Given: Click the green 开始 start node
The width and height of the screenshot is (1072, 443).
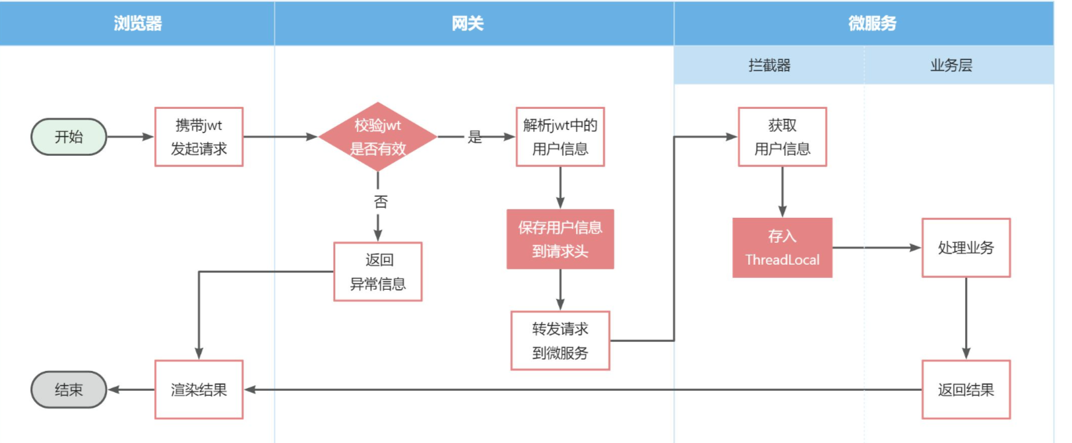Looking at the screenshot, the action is tap(69, 137).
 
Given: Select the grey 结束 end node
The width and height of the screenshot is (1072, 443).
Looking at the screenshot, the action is tap(69, 390).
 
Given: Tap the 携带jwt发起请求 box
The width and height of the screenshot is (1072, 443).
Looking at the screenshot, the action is tap(199, 137).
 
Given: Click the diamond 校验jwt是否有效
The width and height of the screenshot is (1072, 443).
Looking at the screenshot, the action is tap(377, 137).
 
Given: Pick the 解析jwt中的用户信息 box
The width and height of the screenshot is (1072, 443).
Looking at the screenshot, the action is tap(560, 137).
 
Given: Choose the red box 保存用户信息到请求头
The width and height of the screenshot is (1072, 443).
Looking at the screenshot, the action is tap(560, 239).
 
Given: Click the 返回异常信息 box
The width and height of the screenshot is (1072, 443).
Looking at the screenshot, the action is tap(378, 271).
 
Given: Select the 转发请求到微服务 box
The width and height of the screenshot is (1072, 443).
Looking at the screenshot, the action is tap(560, 341).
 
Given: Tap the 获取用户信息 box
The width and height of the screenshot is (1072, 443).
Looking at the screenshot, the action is tap(782, 137).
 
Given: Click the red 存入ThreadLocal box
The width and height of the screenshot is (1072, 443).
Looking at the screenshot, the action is tap(782, 248).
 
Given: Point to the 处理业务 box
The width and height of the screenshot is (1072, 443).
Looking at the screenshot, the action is tap(966, 248).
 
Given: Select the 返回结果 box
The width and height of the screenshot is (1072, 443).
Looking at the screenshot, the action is tap(966, 390).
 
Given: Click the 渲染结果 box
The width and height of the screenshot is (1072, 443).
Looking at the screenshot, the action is tap(199, 390).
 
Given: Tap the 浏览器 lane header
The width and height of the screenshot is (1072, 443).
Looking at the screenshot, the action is tap(138, 23).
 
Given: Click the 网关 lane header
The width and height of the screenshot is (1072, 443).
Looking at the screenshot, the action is tap(468, 23).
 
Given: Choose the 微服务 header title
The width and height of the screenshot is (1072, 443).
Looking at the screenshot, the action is tap(872, 23).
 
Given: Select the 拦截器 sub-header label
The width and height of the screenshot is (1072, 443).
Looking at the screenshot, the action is tap(770, 65).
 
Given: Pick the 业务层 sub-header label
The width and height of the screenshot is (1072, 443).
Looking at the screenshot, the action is tap(951, 65).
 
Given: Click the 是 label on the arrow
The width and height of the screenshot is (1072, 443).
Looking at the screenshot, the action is tap(475, 137).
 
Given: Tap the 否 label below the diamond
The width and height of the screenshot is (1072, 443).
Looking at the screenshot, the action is tap(381, 201).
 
